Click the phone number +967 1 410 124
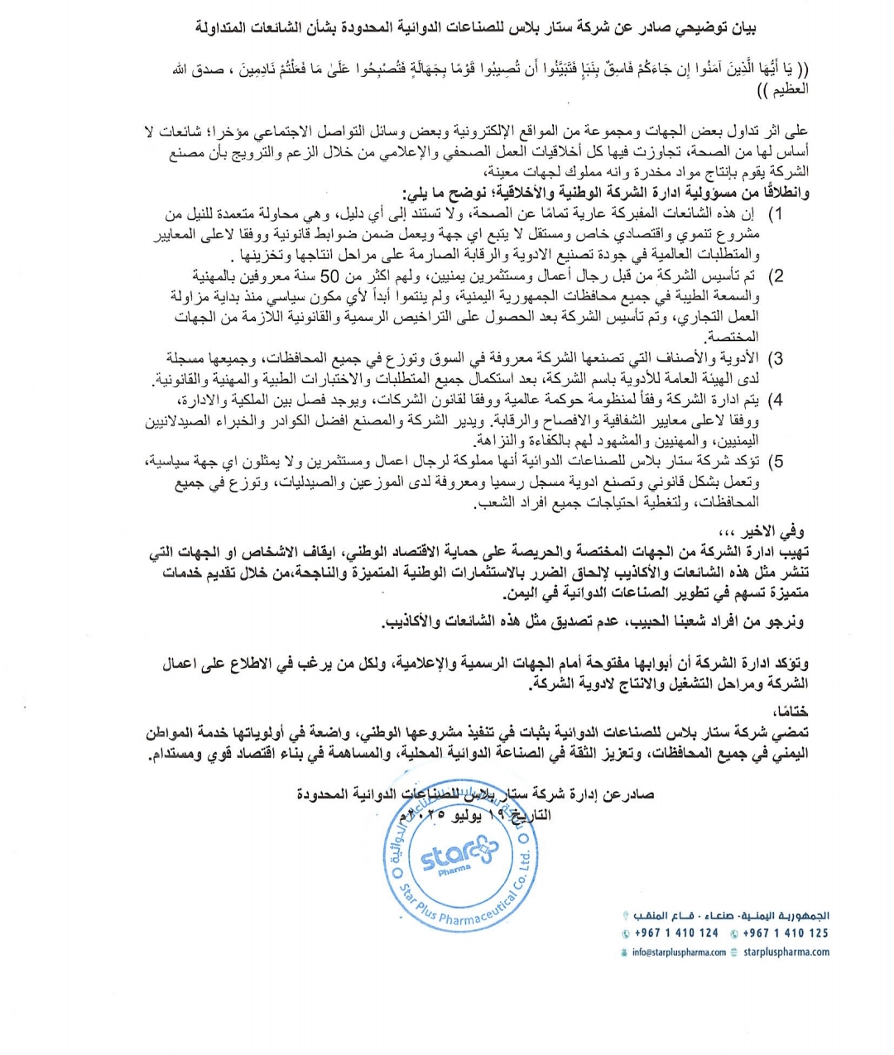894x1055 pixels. [x=677, y=933]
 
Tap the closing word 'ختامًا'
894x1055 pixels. [x=791, y=711]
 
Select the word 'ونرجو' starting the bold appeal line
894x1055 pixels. [x=785, y=621]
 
